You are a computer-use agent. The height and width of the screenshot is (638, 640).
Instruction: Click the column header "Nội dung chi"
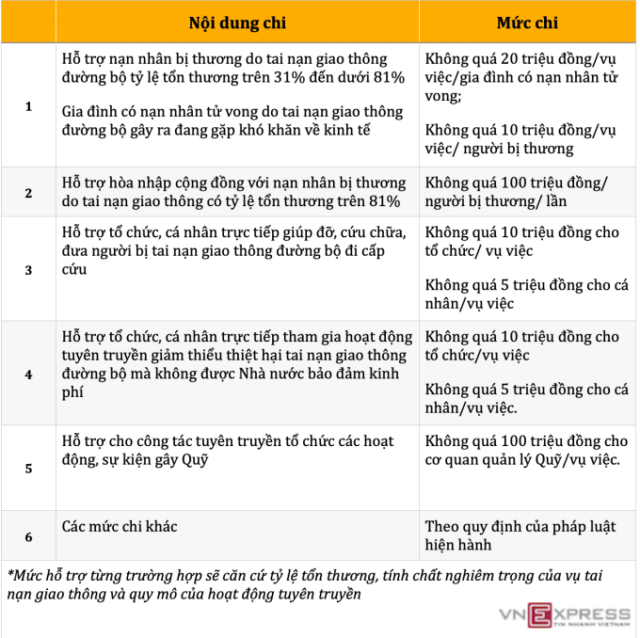237,22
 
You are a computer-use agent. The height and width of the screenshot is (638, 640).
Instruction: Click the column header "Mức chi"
527,22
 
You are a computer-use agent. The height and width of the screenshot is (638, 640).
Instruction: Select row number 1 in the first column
28,106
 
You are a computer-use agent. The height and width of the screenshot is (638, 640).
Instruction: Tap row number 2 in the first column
28,193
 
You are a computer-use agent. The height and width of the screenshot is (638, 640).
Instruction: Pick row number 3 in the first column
28,270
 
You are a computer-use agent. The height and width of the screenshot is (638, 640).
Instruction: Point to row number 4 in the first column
28,374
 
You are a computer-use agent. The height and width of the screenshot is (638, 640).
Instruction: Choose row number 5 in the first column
28,468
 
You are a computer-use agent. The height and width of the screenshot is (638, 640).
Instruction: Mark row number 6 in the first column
28,537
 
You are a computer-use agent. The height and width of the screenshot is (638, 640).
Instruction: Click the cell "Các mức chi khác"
120,527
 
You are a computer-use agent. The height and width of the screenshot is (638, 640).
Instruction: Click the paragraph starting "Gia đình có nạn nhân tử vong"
218,120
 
